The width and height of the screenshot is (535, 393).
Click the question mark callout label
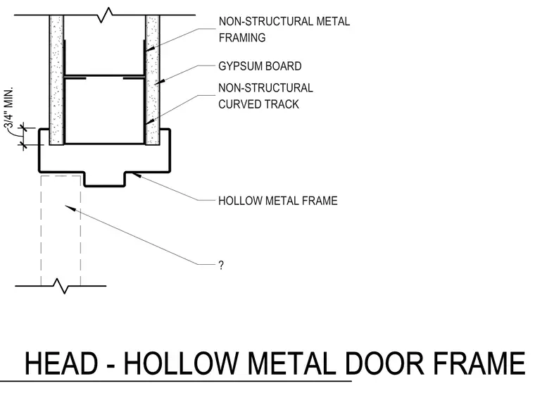pos(221,266)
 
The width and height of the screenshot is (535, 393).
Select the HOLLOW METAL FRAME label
pos(278,201)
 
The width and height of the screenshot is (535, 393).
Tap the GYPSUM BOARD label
pos(260,66)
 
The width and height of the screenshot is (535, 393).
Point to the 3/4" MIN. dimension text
pos(9,108)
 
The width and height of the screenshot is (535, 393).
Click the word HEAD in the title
pos(61,363)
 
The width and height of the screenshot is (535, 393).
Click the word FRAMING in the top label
pos(242,37)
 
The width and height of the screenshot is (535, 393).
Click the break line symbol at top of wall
pos(105,15)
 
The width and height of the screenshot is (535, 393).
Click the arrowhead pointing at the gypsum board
pos(159,81)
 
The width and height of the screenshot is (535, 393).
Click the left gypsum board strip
pos(56,80)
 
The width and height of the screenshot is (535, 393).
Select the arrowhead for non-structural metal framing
pos(150,49)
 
